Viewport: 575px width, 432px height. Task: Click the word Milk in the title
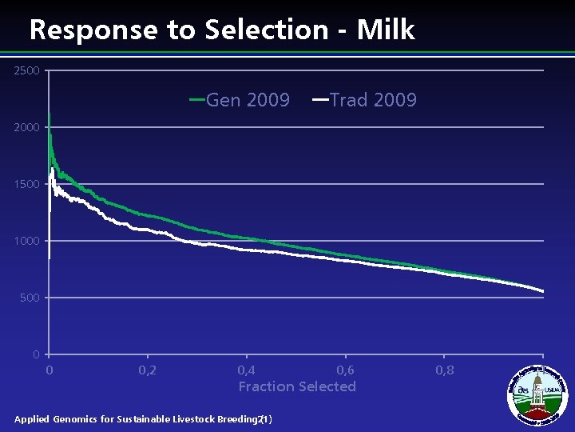click(x=386, y=30)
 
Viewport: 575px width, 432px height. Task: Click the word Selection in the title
click(x=265, y=30)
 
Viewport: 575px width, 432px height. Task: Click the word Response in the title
click(x=94, y=30)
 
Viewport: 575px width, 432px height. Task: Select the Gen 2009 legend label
click(x=248, y=100)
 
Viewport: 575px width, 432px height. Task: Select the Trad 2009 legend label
click(x=373, y=100)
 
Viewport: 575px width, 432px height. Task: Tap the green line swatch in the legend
click(x=196, y=100)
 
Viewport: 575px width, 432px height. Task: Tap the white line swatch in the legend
click(x=319, y=100)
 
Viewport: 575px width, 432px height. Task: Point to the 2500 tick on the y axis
click(x=26, y=71)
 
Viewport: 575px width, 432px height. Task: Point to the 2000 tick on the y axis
click(x=26, y=128)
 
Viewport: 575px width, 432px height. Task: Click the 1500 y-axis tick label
click(x=26, y=185)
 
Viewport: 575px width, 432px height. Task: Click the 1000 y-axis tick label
click(x=26, y=241)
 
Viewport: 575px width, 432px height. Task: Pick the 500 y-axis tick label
click(x=30, y=298)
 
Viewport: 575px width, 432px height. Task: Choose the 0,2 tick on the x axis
click(x=148, y=370)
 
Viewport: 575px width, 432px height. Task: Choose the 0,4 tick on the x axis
click(x=247, y=370)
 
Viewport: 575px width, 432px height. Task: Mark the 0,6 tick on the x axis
click(x=346, y=370)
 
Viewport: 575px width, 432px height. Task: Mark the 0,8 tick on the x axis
click(x=445, y=370)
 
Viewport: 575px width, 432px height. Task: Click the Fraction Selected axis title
click(x=297, y=386)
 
